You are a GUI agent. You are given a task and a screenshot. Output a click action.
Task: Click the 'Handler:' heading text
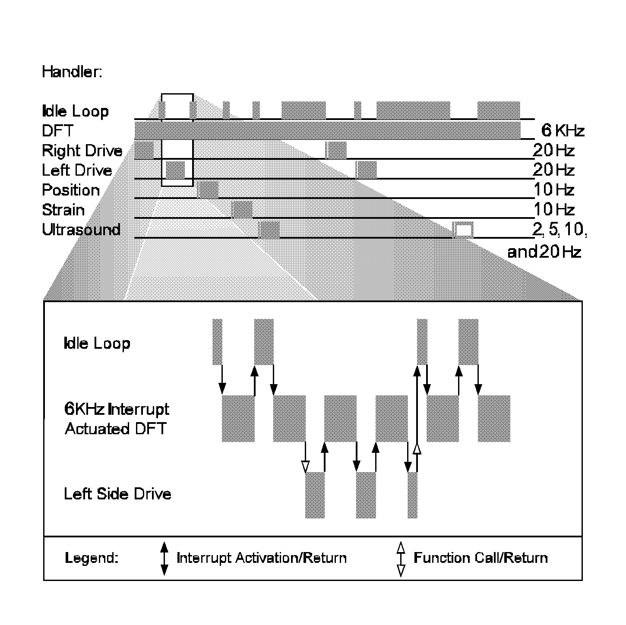point(72,72)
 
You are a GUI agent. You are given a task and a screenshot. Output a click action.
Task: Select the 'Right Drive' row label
point(82,151)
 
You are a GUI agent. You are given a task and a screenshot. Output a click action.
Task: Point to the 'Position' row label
point(71,190)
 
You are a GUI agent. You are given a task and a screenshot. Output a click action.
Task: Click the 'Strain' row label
point(63,210)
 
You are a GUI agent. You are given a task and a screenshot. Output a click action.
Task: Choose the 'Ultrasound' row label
point(81,230)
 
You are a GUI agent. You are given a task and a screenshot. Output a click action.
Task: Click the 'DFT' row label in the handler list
point(57,130)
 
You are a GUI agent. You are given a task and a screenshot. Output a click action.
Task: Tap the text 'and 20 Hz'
point(544,252)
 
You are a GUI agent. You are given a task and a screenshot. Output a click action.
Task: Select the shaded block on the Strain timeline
point(242,209)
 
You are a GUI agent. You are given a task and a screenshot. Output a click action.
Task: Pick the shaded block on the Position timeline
point(209,190)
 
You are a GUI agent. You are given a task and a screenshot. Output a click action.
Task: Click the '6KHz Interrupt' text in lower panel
point(117,409)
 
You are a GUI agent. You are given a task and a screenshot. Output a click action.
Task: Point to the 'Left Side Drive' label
point(117,494)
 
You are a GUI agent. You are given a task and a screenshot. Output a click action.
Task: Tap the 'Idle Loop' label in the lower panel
point(97,344)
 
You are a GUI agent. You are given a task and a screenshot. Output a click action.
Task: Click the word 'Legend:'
point(92,558)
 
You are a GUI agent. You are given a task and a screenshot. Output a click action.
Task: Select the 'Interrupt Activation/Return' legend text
point(262,558)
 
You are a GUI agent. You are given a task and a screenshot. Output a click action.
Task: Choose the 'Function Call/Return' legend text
point(481,558)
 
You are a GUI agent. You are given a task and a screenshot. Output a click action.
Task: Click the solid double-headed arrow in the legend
point(164,559)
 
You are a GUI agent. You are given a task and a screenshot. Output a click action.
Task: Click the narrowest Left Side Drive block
point(413,495)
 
